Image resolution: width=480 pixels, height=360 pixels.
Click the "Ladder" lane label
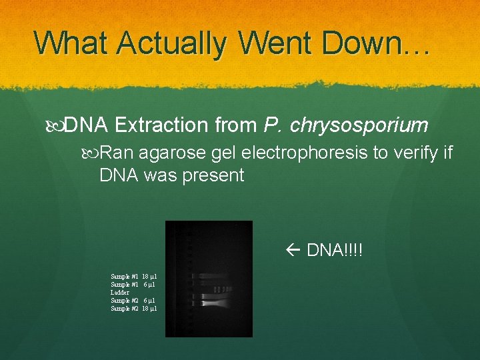120,293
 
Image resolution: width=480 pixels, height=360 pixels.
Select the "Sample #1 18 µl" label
133,276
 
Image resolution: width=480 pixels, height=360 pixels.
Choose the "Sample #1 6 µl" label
133,284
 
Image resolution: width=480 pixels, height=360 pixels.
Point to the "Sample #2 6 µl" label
133,301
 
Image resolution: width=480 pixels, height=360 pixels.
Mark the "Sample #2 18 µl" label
133,309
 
